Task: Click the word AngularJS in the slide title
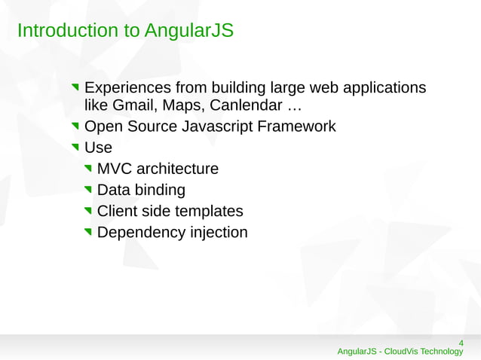click(x=189, y=31)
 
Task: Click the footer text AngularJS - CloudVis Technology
click(x=400, y=352)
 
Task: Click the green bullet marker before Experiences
click(x=76, y=87)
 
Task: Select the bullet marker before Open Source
click(x=76, y=127)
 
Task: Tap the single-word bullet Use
click(x=98, y=148)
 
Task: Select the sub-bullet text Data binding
click(x=141, y=190)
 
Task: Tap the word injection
click(x=218, y=233)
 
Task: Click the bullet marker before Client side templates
click(x=89, y=212)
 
